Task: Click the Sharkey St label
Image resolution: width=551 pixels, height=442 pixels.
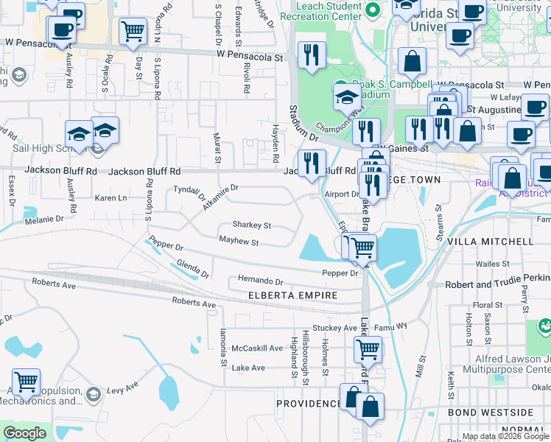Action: coord(252,225)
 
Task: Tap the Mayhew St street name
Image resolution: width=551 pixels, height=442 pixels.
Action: coord(239,242)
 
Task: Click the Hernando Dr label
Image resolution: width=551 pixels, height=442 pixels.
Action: coord(260,281)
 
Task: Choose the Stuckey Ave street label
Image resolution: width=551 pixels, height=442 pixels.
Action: coord(334,328)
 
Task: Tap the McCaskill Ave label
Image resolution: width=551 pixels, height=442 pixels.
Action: coord(257,348)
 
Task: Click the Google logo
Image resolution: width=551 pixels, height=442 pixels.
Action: coord(24,433)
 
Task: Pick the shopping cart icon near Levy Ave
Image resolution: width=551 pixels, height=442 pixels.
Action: coord(26,382)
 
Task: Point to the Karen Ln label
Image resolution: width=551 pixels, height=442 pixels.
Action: coord(111,198)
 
